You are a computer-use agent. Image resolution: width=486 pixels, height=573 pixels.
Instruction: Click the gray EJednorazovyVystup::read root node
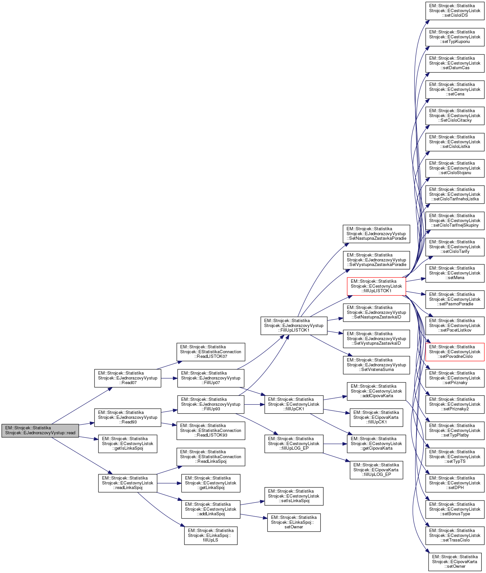tap(40, 430)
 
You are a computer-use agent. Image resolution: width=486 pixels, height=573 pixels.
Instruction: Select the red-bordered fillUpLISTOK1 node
tap(376, 286)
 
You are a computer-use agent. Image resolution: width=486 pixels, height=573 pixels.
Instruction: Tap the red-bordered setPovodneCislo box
tap(455, 352)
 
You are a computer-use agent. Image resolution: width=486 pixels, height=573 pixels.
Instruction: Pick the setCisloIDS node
tap(455, 10)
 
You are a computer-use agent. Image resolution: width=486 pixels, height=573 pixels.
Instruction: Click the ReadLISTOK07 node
tap(211, 352)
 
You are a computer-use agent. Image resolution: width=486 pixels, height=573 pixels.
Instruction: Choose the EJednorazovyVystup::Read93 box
tap(128, 417)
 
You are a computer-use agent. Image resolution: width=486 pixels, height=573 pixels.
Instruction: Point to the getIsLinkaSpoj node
tap(128, 443)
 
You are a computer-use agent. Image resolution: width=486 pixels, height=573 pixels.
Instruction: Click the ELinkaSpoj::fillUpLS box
tap(211, 535)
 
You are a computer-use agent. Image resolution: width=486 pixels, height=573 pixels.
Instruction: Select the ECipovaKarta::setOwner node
tap(455, 562)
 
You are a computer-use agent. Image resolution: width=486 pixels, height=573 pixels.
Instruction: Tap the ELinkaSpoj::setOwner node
tap(294, 522)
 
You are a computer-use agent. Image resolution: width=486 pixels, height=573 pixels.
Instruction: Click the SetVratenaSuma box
tap(376, 365)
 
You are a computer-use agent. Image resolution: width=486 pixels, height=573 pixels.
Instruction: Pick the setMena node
tap(455, 273)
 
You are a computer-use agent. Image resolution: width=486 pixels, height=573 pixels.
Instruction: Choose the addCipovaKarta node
tap(376, 391)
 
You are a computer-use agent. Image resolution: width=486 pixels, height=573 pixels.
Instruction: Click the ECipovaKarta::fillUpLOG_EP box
tap(376, 470)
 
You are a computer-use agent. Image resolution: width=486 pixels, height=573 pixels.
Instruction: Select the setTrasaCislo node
tap(455, 535)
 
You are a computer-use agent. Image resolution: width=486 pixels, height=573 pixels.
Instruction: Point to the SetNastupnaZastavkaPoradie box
tap(376, 234)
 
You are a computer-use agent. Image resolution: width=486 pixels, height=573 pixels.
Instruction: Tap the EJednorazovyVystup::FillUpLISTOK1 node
tap(294, 325)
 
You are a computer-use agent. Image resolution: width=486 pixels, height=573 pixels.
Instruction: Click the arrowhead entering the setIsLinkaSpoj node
tap(262, 501)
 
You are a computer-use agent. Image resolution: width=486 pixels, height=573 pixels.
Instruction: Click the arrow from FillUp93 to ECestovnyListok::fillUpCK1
tap(254, 404)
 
